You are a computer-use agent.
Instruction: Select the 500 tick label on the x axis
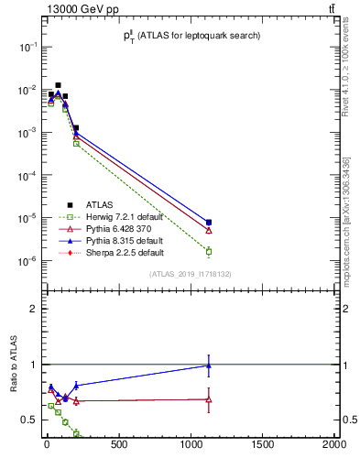[119, 445]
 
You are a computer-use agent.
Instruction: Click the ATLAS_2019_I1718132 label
[191, 273]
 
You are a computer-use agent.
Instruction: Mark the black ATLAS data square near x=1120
[209, 222]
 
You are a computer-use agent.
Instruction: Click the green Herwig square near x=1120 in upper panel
[209, 251]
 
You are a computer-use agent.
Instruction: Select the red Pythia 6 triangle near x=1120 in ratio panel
[209, 399]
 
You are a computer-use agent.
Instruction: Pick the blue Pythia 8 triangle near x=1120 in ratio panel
[209, 365]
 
